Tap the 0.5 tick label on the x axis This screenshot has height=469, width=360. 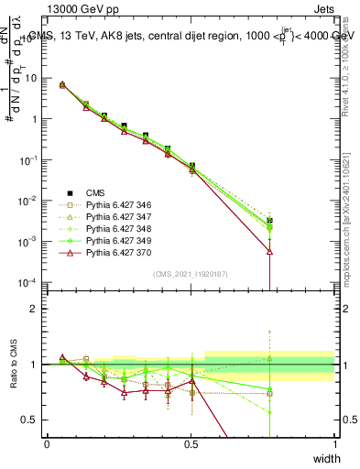[191, 443]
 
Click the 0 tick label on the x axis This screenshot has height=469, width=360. [47, 443]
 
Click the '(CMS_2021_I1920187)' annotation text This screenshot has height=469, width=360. [190, 274]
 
